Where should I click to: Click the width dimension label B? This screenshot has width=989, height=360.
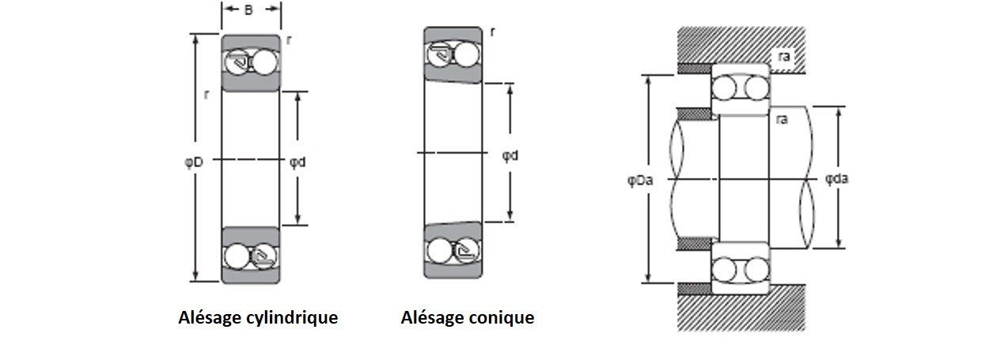click(248, 9)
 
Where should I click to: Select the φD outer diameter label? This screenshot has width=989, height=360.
click(193, 162)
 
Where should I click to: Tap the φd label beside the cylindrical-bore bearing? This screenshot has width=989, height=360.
click(297, 162)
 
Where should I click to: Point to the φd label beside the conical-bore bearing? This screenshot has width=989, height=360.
click(510, 156)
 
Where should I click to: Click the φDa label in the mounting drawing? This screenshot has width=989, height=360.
click(640, 180)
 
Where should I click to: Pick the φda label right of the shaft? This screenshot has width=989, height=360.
click(836, 179)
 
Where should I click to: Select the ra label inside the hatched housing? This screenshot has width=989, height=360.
click(784, 56)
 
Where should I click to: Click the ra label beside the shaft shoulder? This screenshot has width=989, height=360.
click(781, 119)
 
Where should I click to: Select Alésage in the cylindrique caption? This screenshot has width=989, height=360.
click(207, 318)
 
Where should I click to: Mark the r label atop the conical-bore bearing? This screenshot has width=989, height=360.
click(493, 32)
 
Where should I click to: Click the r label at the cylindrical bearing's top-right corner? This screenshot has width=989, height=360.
click(289, 40)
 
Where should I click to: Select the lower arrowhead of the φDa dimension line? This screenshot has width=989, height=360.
click(648, 278)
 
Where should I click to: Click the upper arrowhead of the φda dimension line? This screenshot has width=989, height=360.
click(839, 112)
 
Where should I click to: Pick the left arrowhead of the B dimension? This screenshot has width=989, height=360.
click(226, 9)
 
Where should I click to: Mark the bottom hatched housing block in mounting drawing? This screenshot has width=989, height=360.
click(742, 308)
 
